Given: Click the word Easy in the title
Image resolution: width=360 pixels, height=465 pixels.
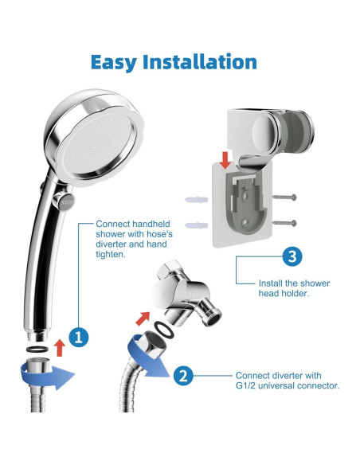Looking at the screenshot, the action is tap(114, 63).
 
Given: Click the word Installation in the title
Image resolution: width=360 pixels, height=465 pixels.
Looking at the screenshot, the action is tap(200, 61).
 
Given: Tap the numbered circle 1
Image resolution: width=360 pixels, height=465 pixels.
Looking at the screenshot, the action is tap(79, 337).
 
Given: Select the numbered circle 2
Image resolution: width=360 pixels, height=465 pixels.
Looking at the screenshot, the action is tap(183, 376).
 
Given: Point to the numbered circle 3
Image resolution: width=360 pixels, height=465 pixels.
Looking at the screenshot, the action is tap(292, 256).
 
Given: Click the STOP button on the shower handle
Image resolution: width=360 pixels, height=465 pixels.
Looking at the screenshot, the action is tap(64, 202).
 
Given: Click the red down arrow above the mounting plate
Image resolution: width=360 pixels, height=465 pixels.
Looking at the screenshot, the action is tap(226, 160).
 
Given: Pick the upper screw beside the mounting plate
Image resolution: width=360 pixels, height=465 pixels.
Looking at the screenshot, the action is tap(284, 197).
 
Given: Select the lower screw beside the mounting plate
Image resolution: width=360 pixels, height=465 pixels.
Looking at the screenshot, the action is tap(284, 223).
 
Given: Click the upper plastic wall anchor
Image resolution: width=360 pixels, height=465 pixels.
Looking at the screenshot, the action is tap(196, 200).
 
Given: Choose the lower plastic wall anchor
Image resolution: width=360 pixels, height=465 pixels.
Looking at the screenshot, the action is tap(196, 225).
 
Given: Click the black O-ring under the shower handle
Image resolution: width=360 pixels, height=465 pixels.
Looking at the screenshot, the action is tap(37, 349).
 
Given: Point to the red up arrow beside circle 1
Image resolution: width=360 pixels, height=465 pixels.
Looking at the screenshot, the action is tap(61, 348).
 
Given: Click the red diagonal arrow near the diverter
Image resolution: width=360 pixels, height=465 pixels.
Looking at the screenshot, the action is tap(143, 318).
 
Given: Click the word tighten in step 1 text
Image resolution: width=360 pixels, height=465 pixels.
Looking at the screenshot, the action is tap(111, 255).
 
